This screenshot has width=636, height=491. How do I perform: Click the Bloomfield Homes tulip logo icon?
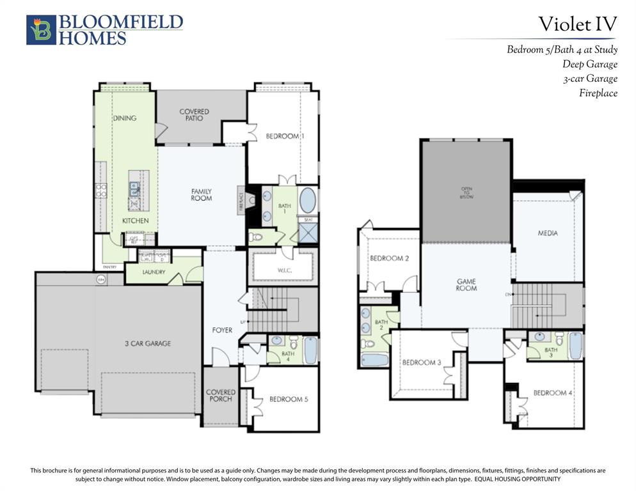click(x=41, y=30)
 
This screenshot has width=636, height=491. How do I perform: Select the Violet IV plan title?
click(x=577, y=24)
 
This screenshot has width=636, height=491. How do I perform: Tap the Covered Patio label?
click(x=194, y=115)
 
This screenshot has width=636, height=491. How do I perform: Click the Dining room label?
click(x=125, y=118)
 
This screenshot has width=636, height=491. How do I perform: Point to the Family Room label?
click(x=201, y=195)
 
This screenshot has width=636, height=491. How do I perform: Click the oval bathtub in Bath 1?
click(x=308, y=200)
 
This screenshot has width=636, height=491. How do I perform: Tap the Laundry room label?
click(x=154, y=272)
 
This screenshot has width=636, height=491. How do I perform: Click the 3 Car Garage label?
click(x=147, y=344)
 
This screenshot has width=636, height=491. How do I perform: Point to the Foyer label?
click(x=222, y=331)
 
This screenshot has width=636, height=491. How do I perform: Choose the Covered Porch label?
click(x=220, y=396)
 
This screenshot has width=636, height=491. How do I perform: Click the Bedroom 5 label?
click(x=289, y=400)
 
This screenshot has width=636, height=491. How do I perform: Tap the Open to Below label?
click(x=466, y=192)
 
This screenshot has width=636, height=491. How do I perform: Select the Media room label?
click(x=547, y=233)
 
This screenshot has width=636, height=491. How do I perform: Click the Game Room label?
click(x=466, y=284)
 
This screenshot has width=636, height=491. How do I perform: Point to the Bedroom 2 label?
click(x=389, y=258)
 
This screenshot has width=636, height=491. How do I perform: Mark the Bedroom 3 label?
click(x=421, y=362)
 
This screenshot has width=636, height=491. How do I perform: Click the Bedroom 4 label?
click(x=553, y=393)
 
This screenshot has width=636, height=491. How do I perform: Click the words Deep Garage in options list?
click(x=590, y=64)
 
